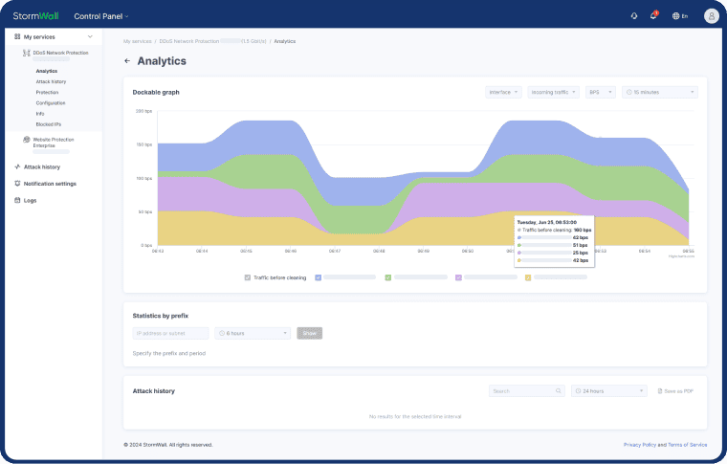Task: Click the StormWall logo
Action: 36,15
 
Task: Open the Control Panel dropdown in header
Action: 100,16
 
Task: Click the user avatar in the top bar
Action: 711,15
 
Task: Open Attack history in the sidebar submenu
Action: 51,81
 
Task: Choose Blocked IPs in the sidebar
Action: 49,123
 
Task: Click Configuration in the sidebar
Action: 51,102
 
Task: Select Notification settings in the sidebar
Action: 50,183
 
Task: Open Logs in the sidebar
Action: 30,200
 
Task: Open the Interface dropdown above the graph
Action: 503,92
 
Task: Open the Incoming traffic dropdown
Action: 552,92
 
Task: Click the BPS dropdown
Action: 600,92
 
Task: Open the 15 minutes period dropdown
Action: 659,92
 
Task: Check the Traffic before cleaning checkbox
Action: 247,277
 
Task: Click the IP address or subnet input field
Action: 170,333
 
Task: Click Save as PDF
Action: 677,390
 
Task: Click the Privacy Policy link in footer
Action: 639,445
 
